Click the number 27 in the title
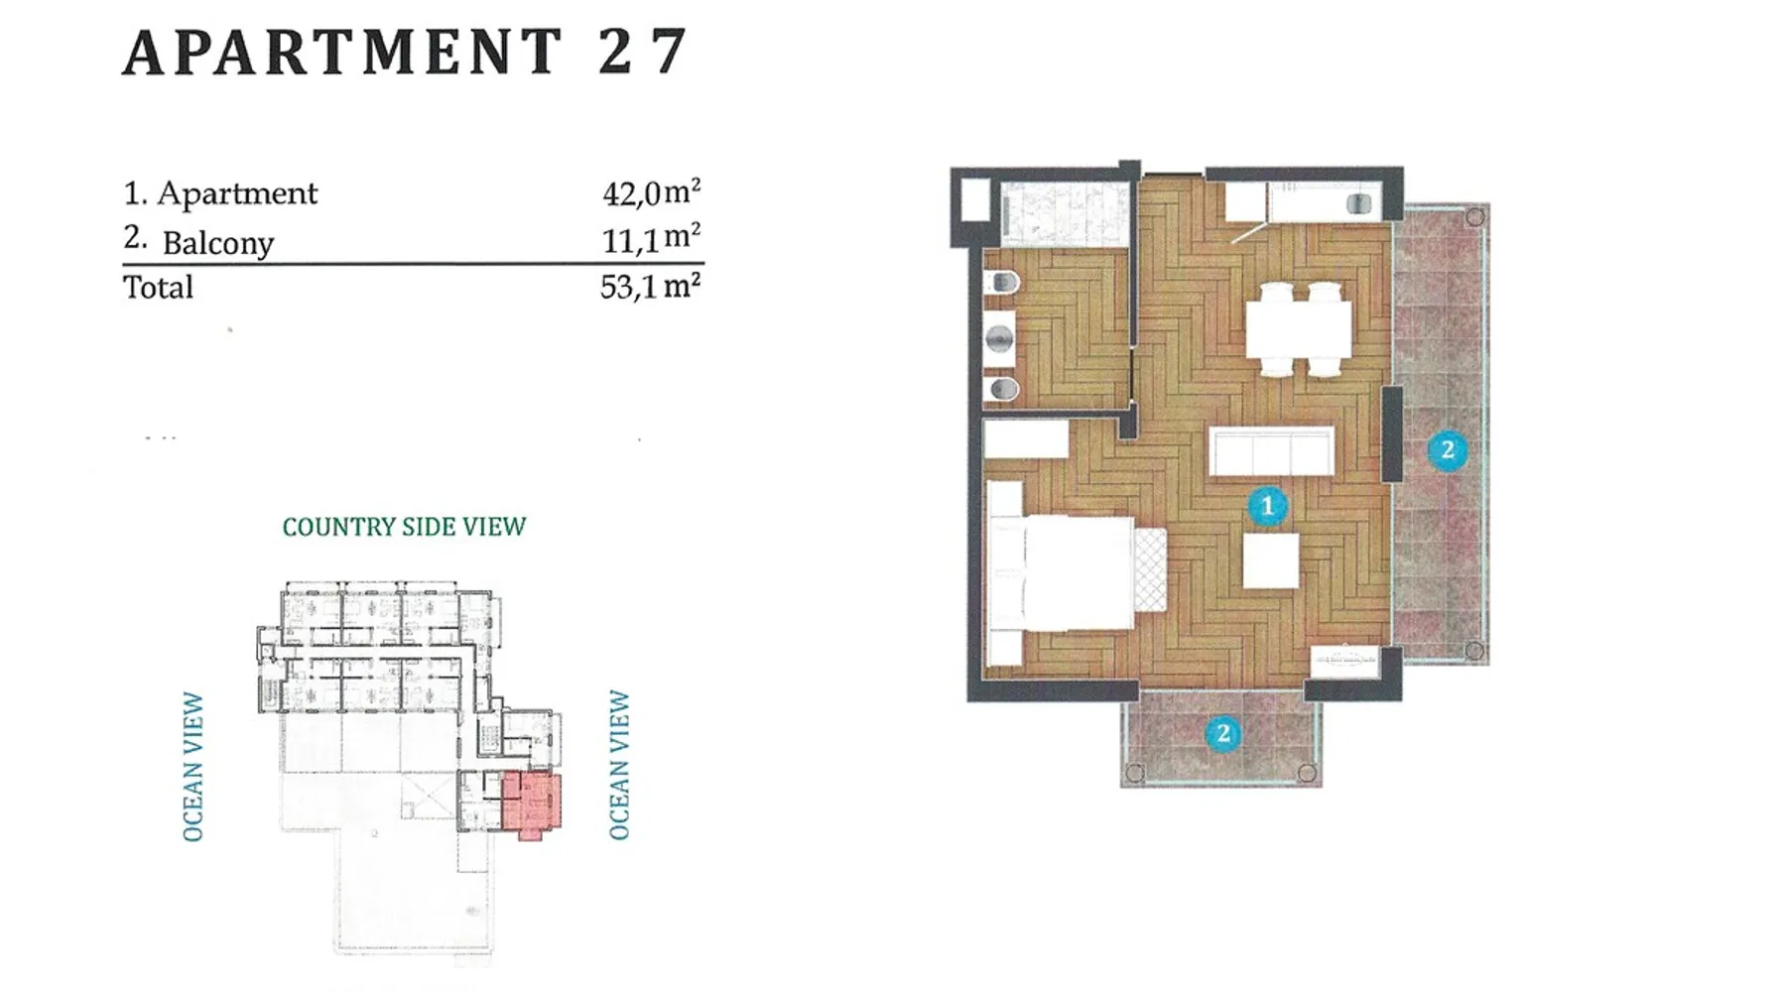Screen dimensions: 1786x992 (x=642, y=52)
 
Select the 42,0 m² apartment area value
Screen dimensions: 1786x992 (x=651, y=191)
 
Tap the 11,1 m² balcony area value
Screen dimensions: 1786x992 (x=651, y=238)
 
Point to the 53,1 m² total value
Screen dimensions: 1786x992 (x=651, y=286)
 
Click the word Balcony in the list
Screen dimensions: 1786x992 (x=217, y=243)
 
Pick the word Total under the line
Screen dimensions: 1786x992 (x=158, y=287)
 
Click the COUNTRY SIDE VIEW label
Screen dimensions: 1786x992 (x=404, y=527)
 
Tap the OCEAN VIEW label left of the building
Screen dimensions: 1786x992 (x=192, y=767)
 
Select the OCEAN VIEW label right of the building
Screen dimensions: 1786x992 (x=619, y=765)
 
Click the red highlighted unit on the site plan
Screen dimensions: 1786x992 (x=531, y=803)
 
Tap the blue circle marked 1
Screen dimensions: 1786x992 (x=1267, y=507)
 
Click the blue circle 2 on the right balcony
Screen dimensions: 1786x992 (x=1447, y=450)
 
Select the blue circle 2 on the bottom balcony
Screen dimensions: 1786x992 (x=1222, y=734)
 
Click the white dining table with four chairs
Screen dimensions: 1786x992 (x=1299, y=329)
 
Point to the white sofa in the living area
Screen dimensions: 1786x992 (x=1271, y=452)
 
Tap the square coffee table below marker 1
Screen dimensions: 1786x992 (x=1271, y=560)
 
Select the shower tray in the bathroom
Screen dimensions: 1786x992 (x=1065, y=214)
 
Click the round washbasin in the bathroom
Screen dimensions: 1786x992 (x=1000, y=339)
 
